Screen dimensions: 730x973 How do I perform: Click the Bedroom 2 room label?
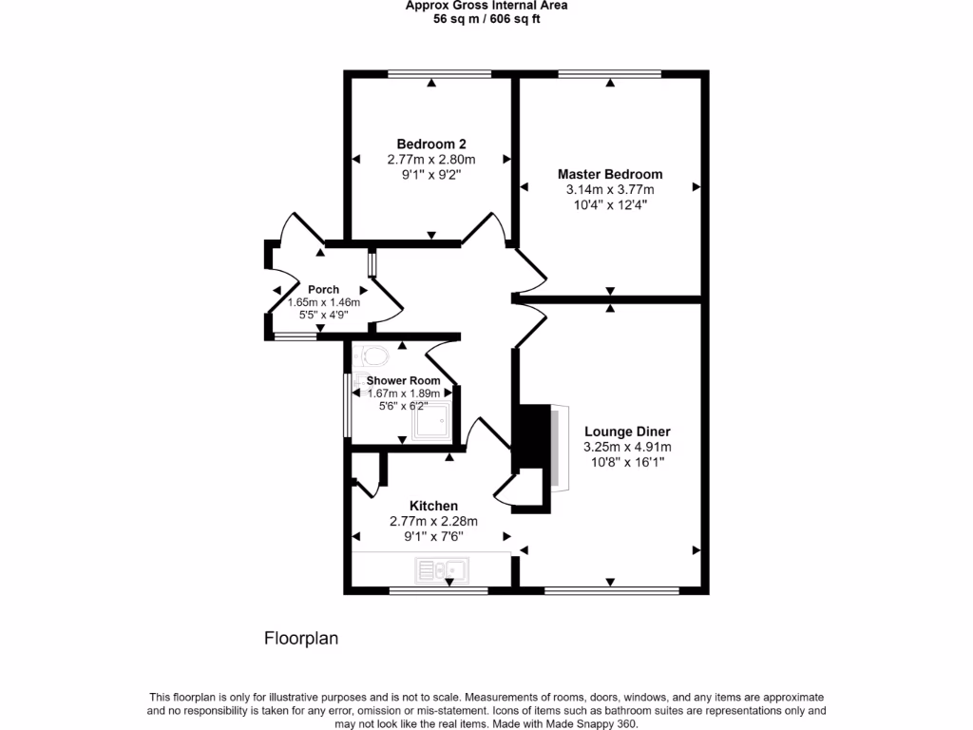click(x=430, y=144)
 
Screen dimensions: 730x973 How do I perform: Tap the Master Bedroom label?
click(x=609, y=174)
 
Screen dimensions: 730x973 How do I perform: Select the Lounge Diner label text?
click(x=627, y=431)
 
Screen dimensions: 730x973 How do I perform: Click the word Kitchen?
click(x=433, y=506)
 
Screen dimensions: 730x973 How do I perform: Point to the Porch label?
click(x=323, y=289)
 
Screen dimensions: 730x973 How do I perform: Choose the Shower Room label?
click(x=404, y=380)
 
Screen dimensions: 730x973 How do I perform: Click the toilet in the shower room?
click(x=373, y=356)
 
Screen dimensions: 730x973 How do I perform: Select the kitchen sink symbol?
click(x=441, y=570)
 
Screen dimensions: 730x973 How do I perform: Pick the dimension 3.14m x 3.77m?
click(x=609, y=189)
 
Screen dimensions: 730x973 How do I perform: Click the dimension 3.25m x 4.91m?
click(x=627, y=447)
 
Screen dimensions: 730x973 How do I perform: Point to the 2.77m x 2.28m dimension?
click(x=433, y=521)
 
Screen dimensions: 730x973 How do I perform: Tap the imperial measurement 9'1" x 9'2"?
click(x=430, y=175)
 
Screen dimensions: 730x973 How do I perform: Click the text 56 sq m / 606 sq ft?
click(x=486, y=18)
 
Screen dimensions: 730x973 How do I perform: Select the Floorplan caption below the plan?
click(x=301, y=639)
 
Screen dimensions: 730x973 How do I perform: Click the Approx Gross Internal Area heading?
click(x=486, y=5)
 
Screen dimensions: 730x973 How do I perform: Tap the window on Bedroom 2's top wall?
click(x=439, y=73)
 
